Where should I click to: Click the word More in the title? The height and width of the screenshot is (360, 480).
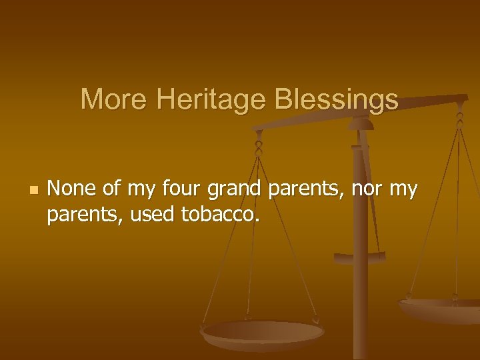(x=113, y=100)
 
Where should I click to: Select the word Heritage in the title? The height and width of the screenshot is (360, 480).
(x=210, y=100)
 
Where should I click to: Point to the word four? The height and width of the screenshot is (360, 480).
(x=181, y=190)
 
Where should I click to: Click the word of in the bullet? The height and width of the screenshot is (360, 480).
(x=111, y=190)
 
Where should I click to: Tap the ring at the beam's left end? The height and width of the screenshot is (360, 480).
(x=259, y=141)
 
